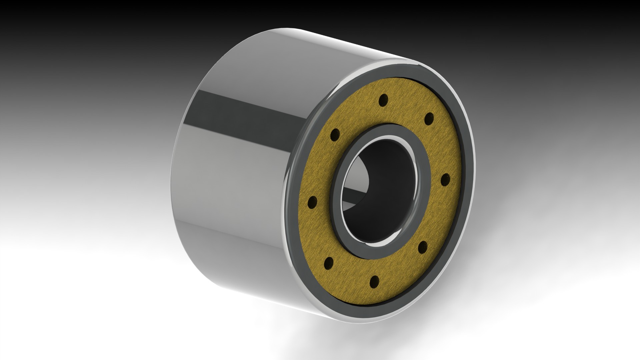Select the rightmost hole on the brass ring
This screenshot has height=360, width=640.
click(446, 180)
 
